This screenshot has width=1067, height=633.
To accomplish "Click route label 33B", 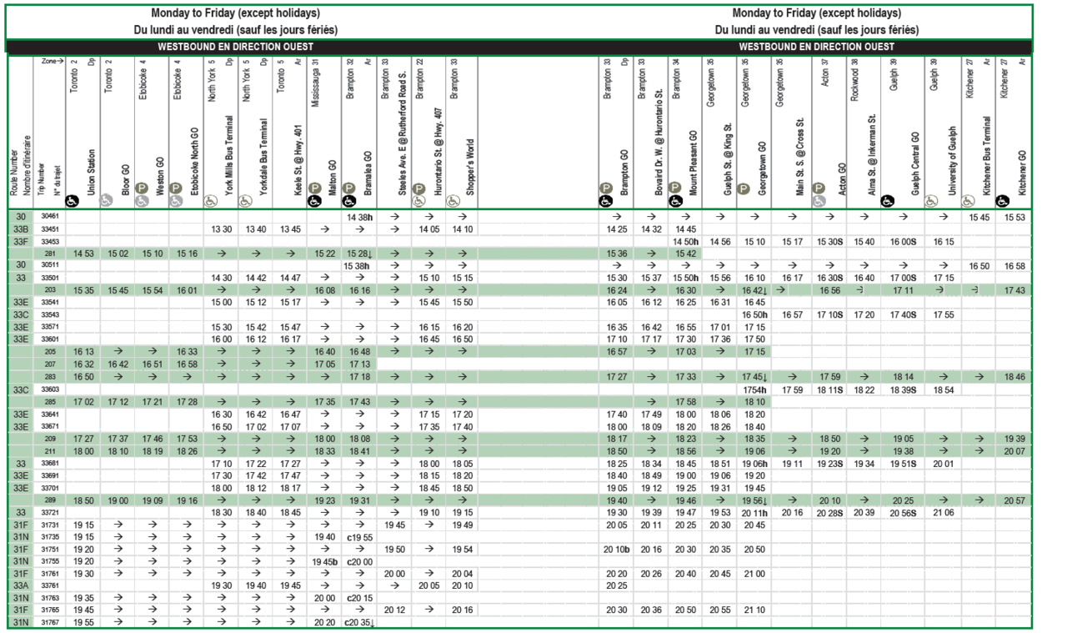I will click(20, 229).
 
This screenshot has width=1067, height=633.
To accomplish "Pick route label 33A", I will click(20, 585).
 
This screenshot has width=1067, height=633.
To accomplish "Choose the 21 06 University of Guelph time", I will click(943, 512).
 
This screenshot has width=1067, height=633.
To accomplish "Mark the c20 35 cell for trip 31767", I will click(360, 622).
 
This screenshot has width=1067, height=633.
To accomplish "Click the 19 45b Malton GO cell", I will click(325, 562).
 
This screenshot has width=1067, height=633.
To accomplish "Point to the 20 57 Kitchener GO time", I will click(1015, 500).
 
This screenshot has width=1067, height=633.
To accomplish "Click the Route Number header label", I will click(14, 167).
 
